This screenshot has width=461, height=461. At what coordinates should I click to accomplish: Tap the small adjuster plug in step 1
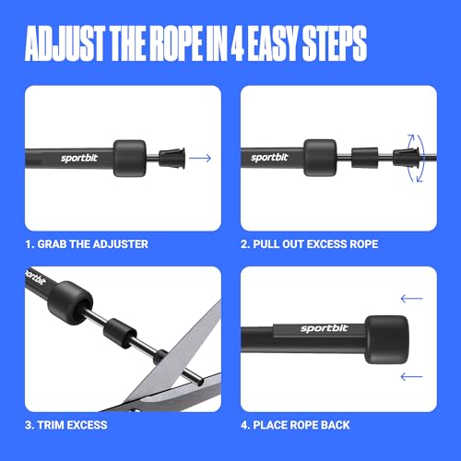click(x=171, y=158)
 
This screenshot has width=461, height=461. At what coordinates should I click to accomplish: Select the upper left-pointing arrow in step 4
click(x=411, y=298)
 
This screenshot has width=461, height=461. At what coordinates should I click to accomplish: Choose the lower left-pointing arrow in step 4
click(x=411, y=374)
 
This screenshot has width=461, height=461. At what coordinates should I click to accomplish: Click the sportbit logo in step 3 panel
click(x=33, y=279)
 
